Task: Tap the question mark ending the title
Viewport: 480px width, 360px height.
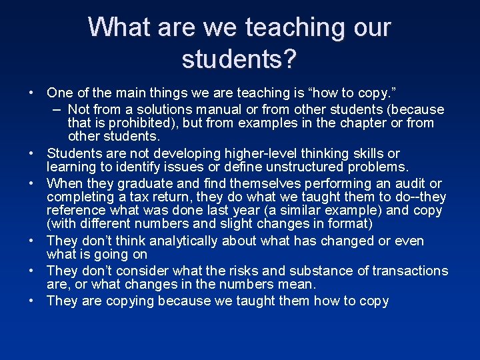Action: coord(289,59)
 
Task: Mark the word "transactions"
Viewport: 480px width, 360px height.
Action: coord(410,271)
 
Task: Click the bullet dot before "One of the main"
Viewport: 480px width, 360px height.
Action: coord(31,92)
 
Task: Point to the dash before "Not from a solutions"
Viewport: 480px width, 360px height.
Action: coord(55,109)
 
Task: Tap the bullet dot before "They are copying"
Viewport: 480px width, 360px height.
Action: coord(31,301)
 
